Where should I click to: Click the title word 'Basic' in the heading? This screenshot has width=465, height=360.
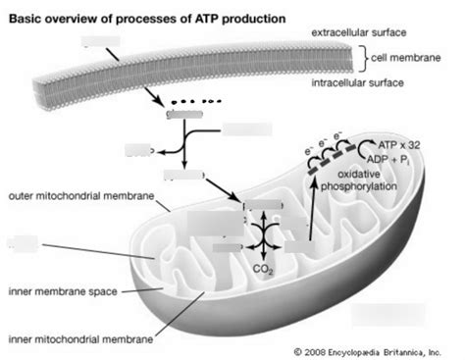pos(26,18)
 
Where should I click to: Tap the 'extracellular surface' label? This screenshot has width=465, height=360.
pos(360,33)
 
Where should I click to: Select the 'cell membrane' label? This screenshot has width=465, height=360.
pos(407,57)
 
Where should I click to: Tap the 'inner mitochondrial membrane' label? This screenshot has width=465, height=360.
pos(80,339)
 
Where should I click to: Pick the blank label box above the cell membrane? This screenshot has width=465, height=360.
pos(105,42)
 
